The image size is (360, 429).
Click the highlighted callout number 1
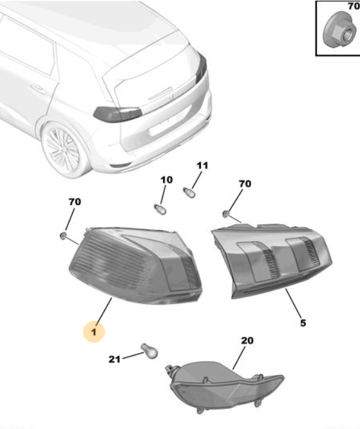coord(94,332)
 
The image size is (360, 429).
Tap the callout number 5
coord(303,323)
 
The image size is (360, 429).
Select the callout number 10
coord(167,180)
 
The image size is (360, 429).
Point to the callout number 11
coord(202,166)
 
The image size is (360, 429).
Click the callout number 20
coord(247,340)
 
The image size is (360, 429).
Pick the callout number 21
coord(115,359)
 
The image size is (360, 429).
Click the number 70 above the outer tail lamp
coord(75,202)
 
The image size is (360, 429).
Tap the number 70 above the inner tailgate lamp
coord(245,184)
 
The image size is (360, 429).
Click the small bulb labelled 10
coord(160,209)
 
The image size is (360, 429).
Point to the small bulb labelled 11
coord(189,193)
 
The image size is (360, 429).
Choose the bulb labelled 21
coord(149,351)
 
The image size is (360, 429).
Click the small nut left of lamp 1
coord(63,236)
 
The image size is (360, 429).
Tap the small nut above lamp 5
coord(226,214)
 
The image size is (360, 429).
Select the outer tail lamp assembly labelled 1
coord(135,265)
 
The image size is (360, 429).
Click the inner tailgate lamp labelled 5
coord(272,260)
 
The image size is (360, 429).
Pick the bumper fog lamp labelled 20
coord(224,386)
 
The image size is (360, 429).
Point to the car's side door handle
coord(38,89)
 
